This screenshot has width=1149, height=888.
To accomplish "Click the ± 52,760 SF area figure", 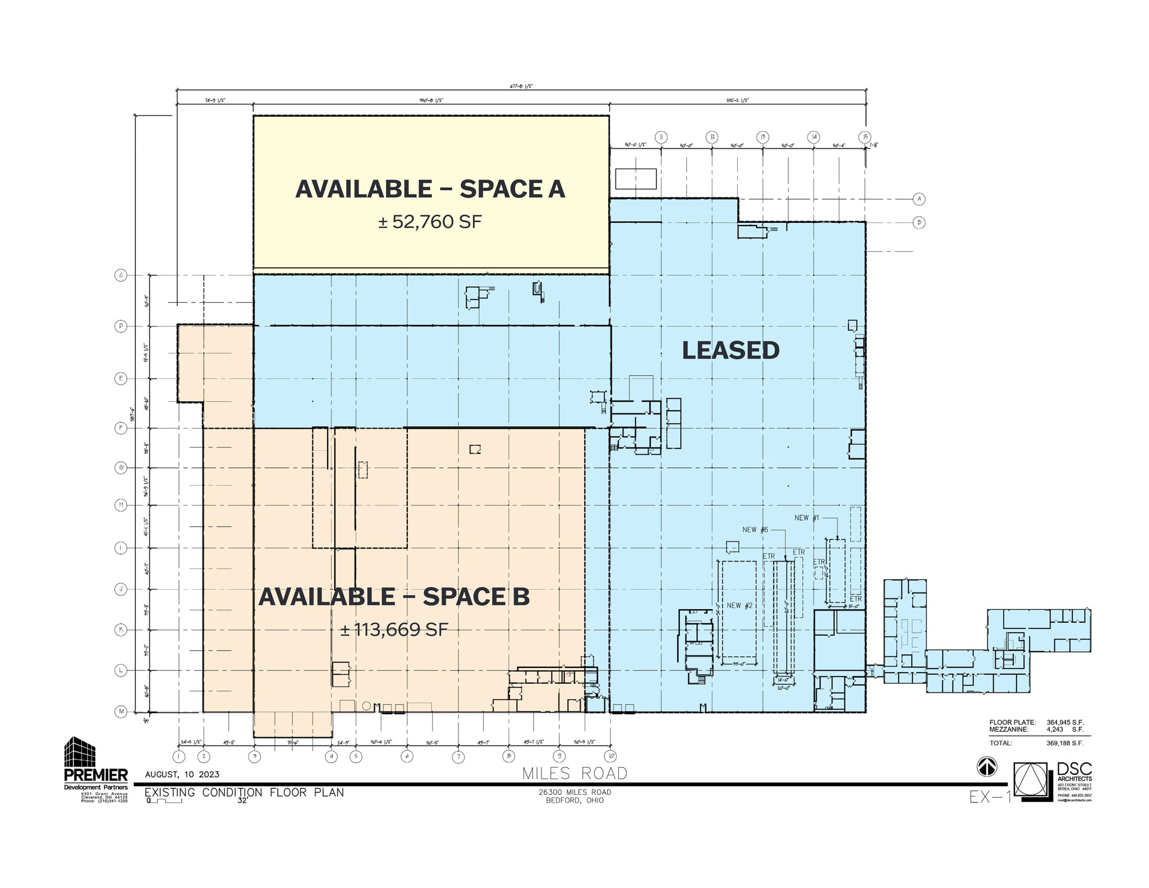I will point(430,222).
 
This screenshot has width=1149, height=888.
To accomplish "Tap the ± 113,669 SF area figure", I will point(394,629).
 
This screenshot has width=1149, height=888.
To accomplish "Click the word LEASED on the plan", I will point(730,351).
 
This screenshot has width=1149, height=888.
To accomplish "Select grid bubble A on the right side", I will point(918,199).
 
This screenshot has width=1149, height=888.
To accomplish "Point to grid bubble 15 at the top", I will point(865,137).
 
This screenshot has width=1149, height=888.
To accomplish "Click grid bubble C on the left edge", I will point(121,275).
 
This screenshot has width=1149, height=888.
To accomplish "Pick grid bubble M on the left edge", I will point(121,712).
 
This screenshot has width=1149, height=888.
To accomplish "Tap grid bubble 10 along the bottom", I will point(611,756).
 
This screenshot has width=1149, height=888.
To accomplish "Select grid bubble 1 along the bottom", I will point(178,756).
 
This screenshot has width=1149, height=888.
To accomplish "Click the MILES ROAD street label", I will point(574,774).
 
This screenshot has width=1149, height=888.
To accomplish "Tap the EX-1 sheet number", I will point(990,797).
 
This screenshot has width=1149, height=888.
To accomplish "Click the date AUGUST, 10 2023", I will point(182,775).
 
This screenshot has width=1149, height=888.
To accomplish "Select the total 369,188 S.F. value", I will point(1065,743).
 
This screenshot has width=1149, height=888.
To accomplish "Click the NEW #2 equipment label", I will point(739,605).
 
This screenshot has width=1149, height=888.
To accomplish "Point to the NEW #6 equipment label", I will point(755,530).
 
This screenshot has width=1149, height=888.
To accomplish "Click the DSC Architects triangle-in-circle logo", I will point(1031,779).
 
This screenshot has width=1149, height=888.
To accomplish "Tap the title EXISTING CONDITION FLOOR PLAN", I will point(244,793).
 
